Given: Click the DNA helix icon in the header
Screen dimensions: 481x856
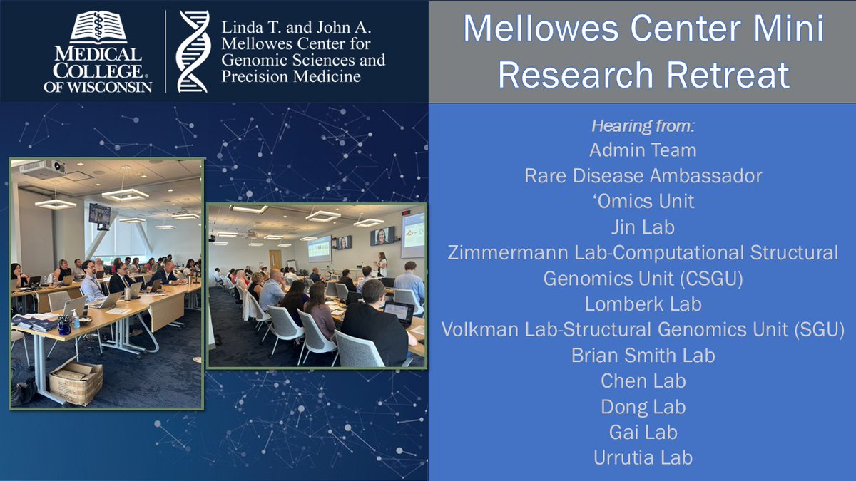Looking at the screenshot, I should (193, 51).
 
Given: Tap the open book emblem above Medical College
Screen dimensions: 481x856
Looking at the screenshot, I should (98, 26).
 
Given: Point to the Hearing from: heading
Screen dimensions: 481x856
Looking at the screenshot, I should (643, 127).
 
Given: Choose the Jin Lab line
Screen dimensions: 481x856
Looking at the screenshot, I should (643, 227).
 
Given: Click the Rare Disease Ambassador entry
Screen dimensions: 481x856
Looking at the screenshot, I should (643, 175).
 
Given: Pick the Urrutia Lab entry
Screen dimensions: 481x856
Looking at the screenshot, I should (643, 457).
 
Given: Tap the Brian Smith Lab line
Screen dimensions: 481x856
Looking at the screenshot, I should (643, 355).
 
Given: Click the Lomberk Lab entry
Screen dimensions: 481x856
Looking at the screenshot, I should (643, 304).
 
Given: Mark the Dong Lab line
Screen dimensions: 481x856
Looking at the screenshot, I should (643, 406).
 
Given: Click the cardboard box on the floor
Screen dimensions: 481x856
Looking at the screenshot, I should (76, 382).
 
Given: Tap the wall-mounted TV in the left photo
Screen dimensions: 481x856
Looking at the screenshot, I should (99, 213).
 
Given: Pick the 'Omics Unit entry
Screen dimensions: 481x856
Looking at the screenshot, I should (643, 201).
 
